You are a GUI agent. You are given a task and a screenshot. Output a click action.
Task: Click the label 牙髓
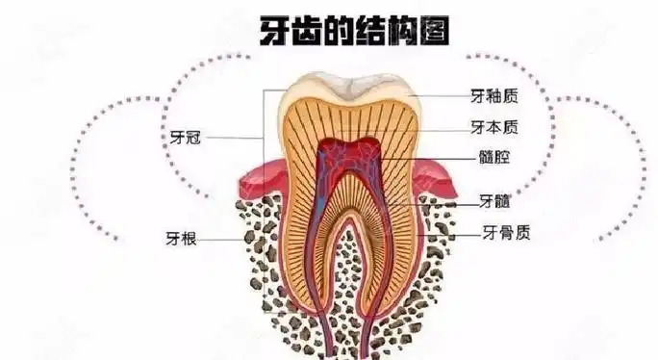click(494, 202)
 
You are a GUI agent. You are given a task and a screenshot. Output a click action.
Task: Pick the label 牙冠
click(184, 138)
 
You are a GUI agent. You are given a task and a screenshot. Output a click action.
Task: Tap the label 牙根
click(182, 239)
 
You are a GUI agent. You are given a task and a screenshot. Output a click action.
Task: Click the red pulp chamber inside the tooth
click(349, 154)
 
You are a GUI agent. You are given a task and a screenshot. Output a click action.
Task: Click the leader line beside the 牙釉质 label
click(438, 97)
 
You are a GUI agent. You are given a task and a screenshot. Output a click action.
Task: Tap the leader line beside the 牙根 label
click(231, 239)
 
